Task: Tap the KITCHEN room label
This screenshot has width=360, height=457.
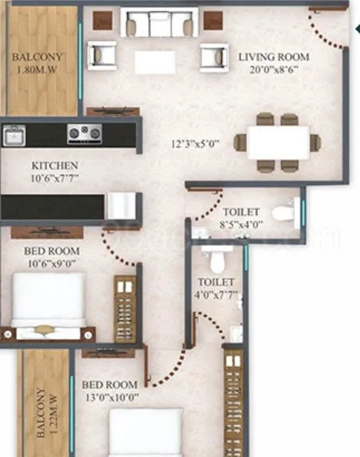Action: [55, 165]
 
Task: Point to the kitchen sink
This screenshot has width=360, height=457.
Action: [14, 135]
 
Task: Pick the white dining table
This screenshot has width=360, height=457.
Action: [278, 142]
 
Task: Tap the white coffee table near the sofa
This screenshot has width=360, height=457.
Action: [155, 61]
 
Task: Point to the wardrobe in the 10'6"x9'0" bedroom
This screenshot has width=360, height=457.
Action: [125, 309]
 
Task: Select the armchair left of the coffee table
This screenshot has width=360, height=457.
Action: [102, 55]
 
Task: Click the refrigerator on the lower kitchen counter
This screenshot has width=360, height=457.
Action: [120, 205]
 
